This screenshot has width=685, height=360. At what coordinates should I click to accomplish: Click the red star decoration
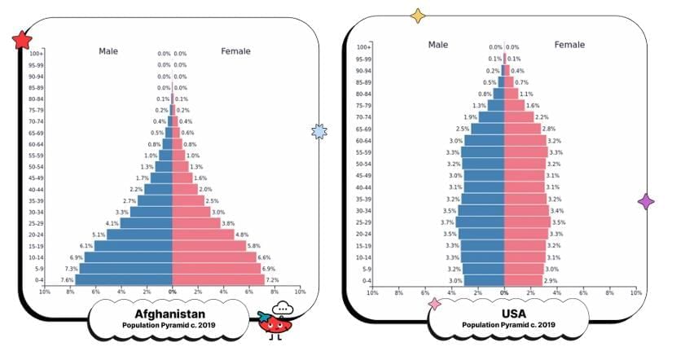pyautogui.click(x=22, y=40)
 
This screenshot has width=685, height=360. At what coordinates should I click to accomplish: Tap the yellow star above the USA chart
pyautogui.click(x=418, y=15)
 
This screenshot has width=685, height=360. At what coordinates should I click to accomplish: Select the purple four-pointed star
pyautogui.click(x=645, y=201)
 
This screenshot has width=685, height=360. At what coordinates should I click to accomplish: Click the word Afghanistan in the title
pyautogui.click(x=169, y=314)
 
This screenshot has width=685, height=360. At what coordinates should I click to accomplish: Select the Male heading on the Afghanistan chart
pyautogui.click(x=108, y=51)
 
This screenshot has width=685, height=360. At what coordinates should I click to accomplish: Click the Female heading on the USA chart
pyautogui.click(x=569, y=45)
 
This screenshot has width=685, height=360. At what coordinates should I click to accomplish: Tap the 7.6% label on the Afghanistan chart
pyautogui.click(x=67, y=279)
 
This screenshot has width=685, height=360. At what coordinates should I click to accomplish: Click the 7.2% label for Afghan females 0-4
pyautogui.click(x=273, y=279)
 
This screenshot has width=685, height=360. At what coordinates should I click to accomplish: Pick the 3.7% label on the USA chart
pyautogui.click(x=447, y=222)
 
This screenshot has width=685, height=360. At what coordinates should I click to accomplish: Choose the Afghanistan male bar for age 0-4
pyautogui.click(x=123, y=279)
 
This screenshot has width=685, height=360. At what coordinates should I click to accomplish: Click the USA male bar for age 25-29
pyautogui.click(x=481, y=222)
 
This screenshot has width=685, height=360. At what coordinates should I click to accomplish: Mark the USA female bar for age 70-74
pyautogui.click(x=519, y=117)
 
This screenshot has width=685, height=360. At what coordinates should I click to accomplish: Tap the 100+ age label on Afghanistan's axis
pyautogui.click(x=37, y=54)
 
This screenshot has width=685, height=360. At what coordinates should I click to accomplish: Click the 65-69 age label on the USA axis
pyautogui.click(x=363, y=129)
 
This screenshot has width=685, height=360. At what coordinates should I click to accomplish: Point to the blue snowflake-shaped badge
pyautogui.click(x=319, y=131)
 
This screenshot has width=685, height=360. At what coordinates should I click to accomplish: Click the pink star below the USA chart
pyautogui.click(x=434, y=304)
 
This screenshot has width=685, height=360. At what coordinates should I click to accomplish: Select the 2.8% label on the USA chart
pyautogui.click(x=548, y=129)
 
